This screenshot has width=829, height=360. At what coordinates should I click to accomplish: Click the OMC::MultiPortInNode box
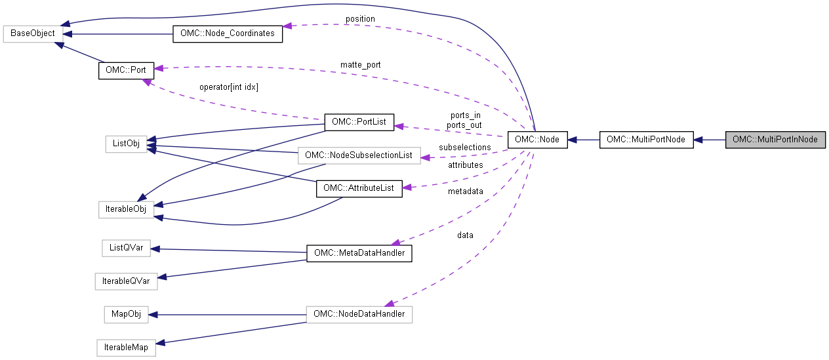coord(775,140)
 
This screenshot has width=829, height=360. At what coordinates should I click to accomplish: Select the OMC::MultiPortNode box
coord(646,140)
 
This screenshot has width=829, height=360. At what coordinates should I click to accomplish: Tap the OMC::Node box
coord(537,140)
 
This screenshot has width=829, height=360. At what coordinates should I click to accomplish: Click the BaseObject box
coord(33,33)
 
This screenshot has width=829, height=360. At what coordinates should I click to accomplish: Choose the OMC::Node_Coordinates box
coord(227,33)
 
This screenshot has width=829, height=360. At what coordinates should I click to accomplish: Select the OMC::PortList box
coord(359,122)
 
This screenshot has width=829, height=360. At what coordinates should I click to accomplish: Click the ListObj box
coord(125,144)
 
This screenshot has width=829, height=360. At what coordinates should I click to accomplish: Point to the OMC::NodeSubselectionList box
coord(358,155)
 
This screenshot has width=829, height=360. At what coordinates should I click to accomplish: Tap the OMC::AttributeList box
coord(359,188)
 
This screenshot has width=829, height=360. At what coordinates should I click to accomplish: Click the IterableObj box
coord(125,210)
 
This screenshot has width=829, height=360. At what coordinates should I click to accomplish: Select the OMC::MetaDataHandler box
coord(359,253)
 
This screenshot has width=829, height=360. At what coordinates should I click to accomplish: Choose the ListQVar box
coord(126,248)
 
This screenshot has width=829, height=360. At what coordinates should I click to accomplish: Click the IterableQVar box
coord(126,281)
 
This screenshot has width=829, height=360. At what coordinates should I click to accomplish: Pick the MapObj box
coord(126,314)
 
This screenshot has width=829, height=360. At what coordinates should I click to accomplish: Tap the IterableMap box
coord(126,347)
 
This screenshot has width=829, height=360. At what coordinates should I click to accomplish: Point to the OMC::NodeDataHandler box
coord(359,314)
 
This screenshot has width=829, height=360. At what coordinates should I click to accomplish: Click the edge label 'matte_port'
coord(360,65)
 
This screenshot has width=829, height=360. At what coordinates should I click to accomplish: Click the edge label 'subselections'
coord(465,148)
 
